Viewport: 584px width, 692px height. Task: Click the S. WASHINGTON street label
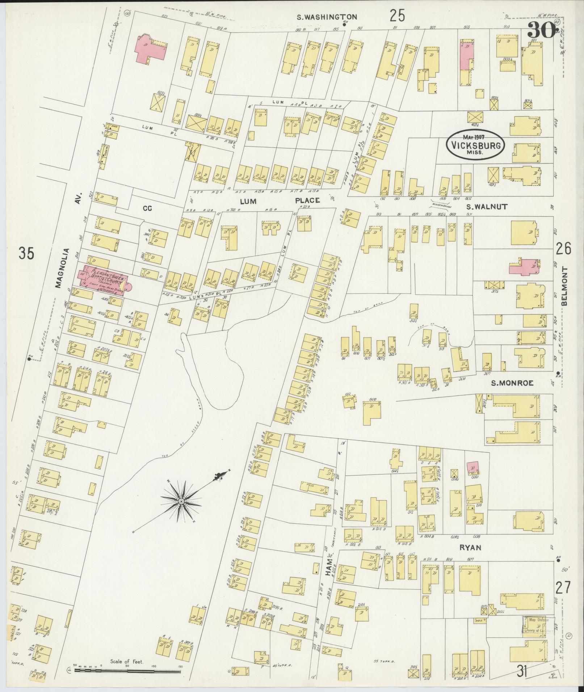[x=327, y=17]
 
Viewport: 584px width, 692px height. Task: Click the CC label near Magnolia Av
[x=147, y=208]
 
